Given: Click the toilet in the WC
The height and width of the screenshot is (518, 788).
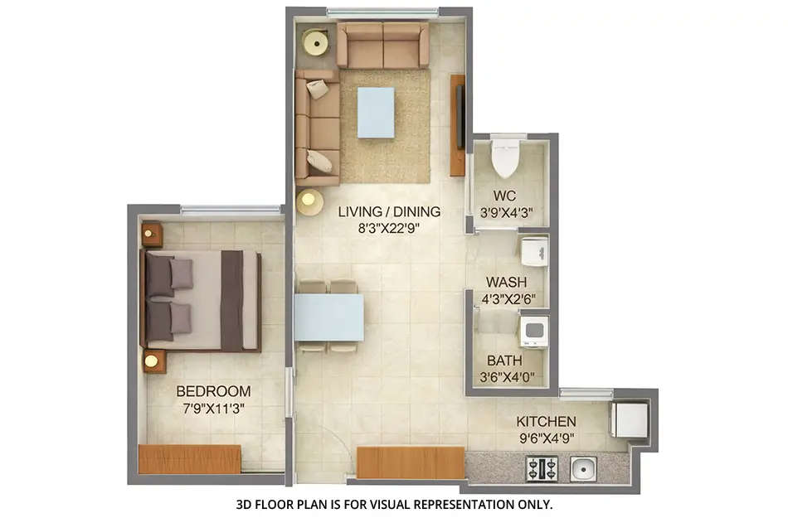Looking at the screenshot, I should pyautogui.click(x=504, y=158).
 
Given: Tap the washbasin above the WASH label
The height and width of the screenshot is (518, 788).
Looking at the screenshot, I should pyautogui.click(x=533, y=251).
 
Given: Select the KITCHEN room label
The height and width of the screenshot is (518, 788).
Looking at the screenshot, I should pyautogui.click(x=546, y=421).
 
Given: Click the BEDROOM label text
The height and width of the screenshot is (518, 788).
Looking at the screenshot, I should pyautogui.click(x=213, y=391).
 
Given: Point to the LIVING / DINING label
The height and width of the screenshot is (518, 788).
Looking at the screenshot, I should pyautogui.click(x=389, y=211).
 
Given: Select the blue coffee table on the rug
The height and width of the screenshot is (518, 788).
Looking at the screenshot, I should pyautogui.click(x=376, y=113).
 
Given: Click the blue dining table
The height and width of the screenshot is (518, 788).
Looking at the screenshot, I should pyautogui.click(x=329, y=317).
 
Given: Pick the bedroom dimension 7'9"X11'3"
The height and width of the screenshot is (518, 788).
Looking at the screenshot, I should pyautogui.click(x=213, y=408).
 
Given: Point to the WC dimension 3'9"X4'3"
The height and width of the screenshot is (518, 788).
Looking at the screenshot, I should pyautogui.click(x=504, y=213).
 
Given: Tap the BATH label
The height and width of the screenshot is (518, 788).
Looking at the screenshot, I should pyautogui.click(x=504, y=361).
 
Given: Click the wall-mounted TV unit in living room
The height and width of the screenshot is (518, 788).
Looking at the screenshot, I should pyautogui.click(x=458, y=125).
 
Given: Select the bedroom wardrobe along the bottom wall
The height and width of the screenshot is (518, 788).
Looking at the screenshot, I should pyautogui.click(x=190, y=459).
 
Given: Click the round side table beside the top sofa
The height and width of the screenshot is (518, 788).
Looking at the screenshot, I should pyautogui.click(x=316, y=41).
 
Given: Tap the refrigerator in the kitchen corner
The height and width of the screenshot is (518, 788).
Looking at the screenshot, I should pyautogui.click(x=630, y=420).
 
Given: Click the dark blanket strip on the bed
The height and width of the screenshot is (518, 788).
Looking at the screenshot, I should pyautogui.click(x=232, y=300).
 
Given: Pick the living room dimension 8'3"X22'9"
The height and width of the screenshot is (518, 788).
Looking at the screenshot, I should pyautogui.click(x=389, y=228).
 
